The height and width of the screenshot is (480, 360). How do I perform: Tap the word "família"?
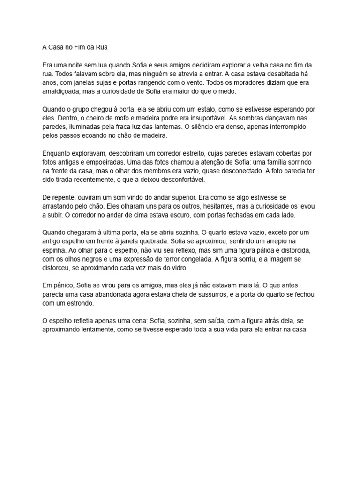pos(277,162)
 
